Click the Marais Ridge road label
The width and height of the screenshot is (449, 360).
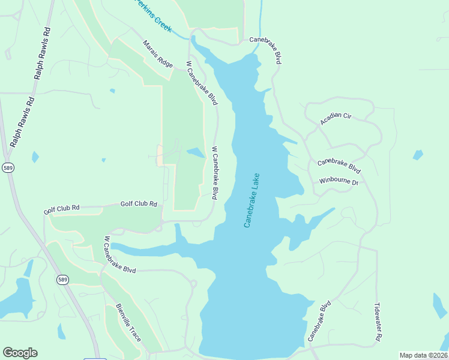158,54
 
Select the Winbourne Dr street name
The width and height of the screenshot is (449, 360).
339,181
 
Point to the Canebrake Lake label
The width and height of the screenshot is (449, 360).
252,200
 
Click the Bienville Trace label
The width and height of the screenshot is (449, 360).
128,323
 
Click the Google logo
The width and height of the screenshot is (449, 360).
20,353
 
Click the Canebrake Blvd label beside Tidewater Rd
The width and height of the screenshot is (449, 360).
319,322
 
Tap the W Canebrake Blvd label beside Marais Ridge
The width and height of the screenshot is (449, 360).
202,83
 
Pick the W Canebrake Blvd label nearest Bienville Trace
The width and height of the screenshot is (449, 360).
120,255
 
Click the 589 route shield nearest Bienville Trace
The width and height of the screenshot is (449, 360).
62,280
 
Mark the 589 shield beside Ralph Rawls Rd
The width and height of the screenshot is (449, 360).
8,168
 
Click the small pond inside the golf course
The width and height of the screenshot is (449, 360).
196,152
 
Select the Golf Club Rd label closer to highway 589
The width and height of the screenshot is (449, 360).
61,209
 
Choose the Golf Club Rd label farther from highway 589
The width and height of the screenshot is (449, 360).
139,204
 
